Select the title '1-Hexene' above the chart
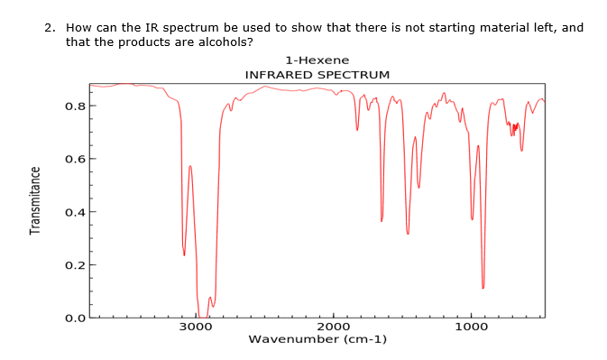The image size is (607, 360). [x=317, y=60]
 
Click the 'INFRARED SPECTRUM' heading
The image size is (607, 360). [x=317, y=73]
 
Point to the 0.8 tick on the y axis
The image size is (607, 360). [x=75, y=106]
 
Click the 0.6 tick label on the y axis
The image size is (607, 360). [x=75, y=160]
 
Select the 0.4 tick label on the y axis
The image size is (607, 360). [x=75, y=213]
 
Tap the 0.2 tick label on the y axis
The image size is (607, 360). [x=75, y=266]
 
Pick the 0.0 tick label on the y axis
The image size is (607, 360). [x=75, y=318]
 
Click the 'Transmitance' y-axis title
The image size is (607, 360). [x=36, y=200]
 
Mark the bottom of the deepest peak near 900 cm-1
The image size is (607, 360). [x=483, y=287]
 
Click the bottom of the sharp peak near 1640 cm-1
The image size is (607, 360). [x=382, y=220]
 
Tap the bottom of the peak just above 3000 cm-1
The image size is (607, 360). [x=184, y=254]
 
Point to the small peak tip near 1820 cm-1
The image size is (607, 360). [x=357, y=129]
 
